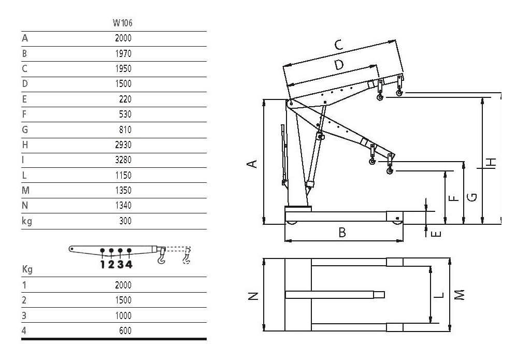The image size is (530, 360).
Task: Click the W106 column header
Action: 122,23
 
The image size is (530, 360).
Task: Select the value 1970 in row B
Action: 123,53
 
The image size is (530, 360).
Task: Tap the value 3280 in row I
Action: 123,160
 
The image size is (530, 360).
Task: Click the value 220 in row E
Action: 125,99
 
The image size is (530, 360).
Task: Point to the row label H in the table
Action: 25,145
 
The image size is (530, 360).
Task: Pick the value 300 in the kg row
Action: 125,221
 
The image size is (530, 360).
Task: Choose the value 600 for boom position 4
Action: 125,330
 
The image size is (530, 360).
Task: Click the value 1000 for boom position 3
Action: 123,315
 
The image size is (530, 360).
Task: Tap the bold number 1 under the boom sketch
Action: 103,264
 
